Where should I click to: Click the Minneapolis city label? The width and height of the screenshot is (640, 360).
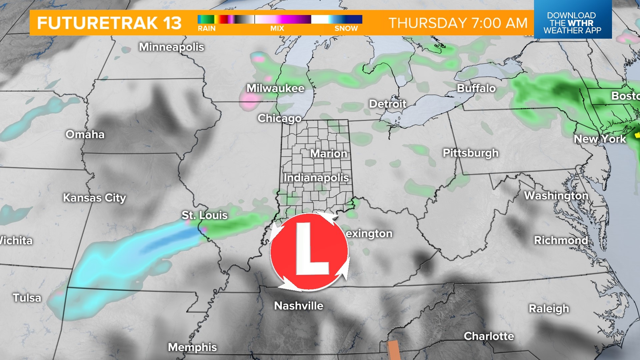click(x=171, y=47)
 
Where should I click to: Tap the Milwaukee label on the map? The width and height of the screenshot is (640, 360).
click(x=275, y=88)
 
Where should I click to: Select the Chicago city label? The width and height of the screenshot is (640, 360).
click(x=279, y=118)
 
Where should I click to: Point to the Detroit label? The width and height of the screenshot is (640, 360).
click(x=387, y=104)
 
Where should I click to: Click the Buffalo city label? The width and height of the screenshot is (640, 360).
click(x=476, y=88)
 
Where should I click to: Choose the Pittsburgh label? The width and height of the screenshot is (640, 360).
click(x=470, y=153)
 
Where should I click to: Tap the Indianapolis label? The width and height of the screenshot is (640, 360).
click(x=316, y=178)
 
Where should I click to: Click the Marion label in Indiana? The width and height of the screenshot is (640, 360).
click(x=329, y=154)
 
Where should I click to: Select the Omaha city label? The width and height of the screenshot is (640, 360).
click(x=85, y=134)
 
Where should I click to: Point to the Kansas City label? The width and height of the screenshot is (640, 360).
click(x=94, y=198)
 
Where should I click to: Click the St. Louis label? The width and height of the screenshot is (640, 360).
click(x=204, y=215)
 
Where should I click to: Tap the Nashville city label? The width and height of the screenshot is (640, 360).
click(x=298, y=306)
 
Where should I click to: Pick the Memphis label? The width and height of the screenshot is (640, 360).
click(x=192, y=347)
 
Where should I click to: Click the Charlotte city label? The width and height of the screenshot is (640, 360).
click(x=489, y=336)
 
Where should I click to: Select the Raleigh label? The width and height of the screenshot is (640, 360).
click(x=549, y=309)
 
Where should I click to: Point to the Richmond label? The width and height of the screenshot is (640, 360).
click(x=561, y=240)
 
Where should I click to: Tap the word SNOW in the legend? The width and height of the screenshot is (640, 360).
click(x=346, y=29)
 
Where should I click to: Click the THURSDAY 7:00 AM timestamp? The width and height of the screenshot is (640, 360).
click(x=458, y=23)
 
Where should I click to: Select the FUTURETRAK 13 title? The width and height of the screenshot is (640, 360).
click(x=109, y=23)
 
